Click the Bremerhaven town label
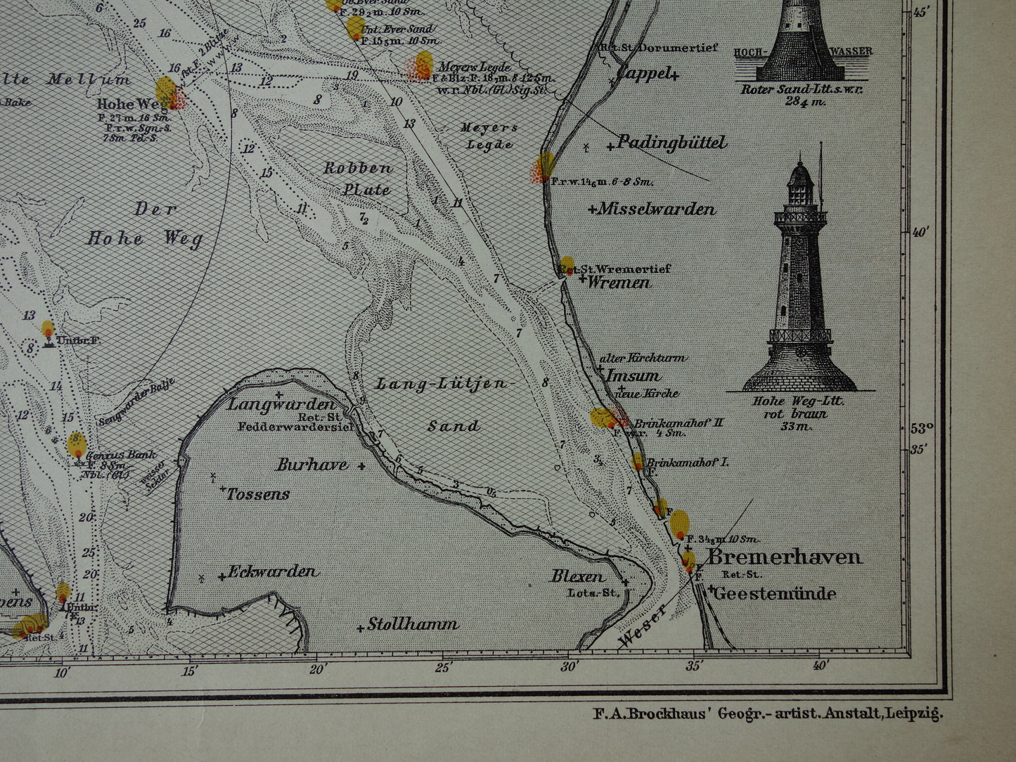[784, 557]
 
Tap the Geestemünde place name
[775, 594]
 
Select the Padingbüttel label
[671, 143]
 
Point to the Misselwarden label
[657, 209]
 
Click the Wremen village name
[619, 283]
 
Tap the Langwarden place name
[281, 405]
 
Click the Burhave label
[312, 465]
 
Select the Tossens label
[258, 494]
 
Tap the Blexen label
[577, 576]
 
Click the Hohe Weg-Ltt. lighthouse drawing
[800, 281]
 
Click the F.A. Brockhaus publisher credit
[767, 714]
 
